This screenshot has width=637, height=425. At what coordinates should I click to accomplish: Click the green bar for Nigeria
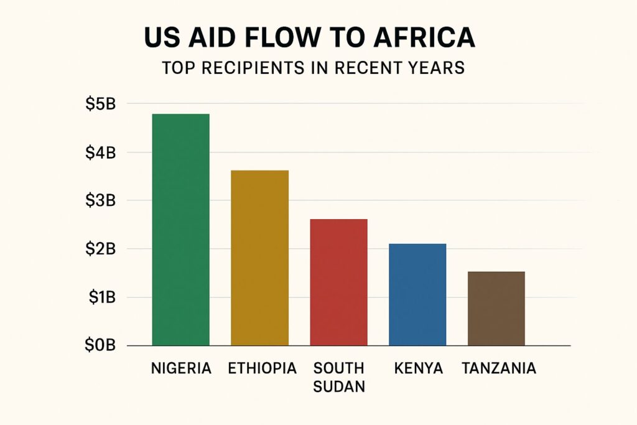pos(181,230)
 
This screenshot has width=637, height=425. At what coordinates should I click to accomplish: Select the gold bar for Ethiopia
pos(259,258)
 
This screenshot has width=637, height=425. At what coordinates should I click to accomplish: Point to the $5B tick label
pos(101,104)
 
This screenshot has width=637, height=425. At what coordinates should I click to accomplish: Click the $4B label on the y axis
pos(101,152)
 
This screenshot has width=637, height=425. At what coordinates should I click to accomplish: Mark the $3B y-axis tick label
pos(101,201)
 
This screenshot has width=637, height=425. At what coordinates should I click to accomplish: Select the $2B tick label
pos(101,249)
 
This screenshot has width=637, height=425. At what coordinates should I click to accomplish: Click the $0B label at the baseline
pos(101,346)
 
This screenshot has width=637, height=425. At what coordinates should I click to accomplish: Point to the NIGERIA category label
pos(181,368)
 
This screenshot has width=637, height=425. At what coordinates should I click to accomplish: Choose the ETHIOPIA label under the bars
pos(262,368)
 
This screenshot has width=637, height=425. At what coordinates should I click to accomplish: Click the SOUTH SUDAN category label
pos(338,377)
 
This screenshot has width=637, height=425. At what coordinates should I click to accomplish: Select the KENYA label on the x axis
pos(418,368)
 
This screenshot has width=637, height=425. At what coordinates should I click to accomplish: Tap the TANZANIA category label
pos(499,368)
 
